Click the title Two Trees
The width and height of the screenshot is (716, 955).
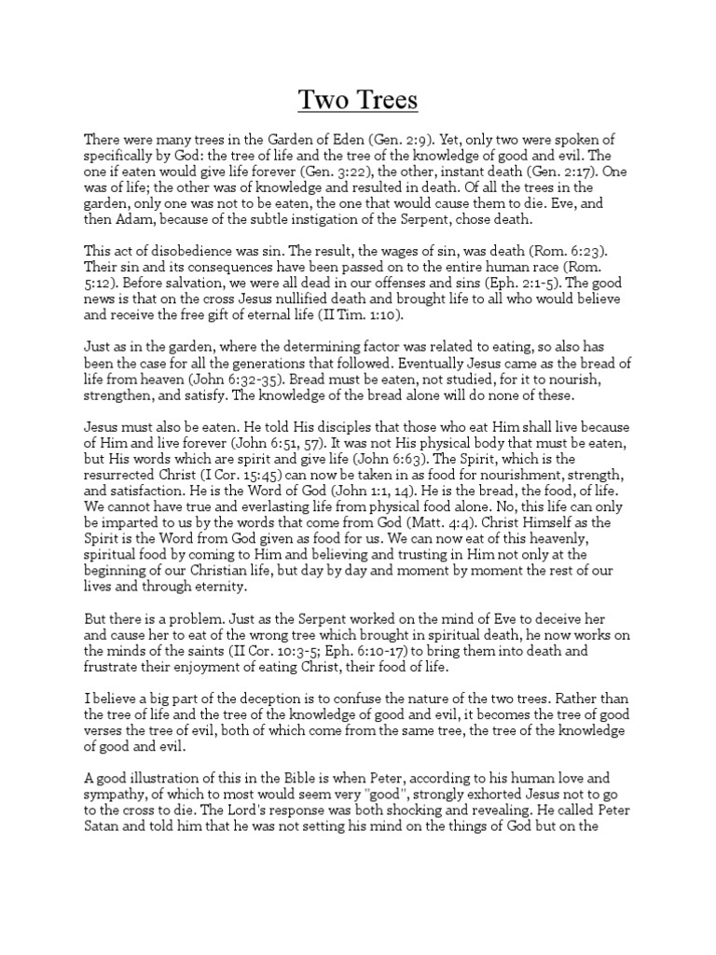tap(357, 99)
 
